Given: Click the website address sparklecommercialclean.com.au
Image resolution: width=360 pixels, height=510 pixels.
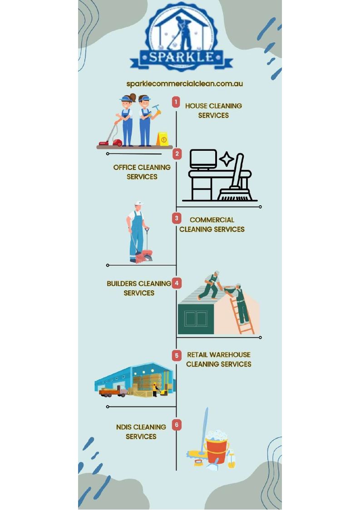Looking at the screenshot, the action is pyautogui.click(x=184, y=84).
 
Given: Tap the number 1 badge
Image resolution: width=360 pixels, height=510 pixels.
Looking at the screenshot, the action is pyautogui.click(x=176, y=102).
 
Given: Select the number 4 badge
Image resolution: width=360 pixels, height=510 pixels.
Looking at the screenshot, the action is pyautogui.click(x=177, y=283).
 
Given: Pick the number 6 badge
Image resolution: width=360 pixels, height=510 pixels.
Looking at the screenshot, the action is pyautogui.click(x=177, y=425).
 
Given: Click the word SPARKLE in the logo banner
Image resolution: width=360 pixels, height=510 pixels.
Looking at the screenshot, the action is pyautogui.click(x=182, y=57).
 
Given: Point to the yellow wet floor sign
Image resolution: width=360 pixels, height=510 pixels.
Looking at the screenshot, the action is pyautogui.click(x=162, y=139).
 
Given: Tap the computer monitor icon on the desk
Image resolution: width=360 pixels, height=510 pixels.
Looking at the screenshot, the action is pyautogui.click(x=203, y=159).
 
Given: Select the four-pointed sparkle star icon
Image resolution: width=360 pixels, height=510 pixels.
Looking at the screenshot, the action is pyautogui.click(x=227, y=159).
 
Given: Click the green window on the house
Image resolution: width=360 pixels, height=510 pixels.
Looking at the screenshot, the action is pyautogui.click(x=196, y=319).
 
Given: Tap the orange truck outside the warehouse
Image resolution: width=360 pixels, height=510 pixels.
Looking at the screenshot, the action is pyautogui.click(x=113, y=392).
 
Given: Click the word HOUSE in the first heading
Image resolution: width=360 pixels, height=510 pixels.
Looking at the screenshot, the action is pyautogui.click(x=197, y=106).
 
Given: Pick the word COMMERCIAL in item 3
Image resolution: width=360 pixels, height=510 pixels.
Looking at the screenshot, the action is pyautogui.click(x=212, y=220).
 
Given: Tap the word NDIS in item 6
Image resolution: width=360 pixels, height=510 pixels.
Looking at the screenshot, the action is pyautogui.click(x=124, y=427).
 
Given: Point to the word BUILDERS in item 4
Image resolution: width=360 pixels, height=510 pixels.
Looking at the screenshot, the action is pyautogui.click(x=122, y=284).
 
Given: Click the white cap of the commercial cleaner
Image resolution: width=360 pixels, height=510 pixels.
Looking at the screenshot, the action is pyautogui.click(x=139, y=203).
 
